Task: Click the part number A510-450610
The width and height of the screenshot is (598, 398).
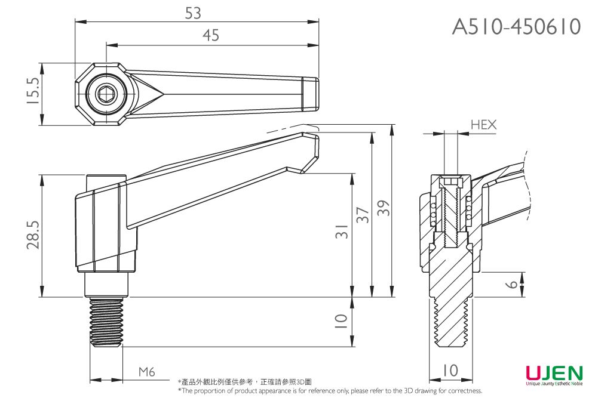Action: pos(516,26)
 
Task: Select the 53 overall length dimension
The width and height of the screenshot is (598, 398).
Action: pos(193,13)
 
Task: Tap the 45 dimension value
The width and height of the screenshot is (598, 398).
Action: pos(211,36)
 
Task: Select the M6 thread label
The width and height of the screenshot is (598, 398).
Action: pos(146,372)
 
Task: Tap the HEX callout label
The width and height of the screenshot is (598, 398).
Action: pos(483,125)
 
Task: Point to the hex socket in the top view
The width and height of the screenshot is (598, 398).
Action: pos(108,93)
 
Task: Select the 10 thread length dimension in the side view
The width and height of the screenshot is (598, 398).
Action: pos(341,322)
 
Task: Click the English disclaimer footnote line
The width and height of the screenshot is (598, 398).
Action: pos(330,391)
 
